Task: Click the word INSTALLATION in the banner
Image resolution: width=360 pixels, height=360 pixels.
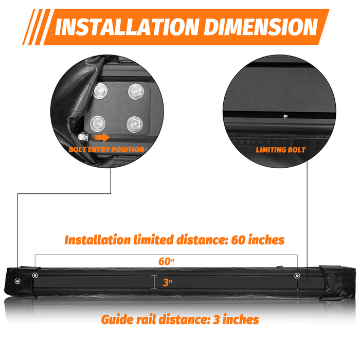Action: pyautogui.click(x=127, y=27)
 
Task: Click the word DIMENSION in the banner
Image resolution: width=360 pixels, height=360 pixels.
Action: pyautogui.click(x=261, y=27)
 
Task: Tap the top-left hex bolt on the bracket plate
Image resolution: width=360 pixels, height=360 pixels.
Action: pyautogui.click(x=100, y=91)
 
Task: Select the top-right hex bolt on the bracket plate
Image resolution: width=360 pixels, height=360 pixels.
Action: pyautogui.click(x=136, y=92)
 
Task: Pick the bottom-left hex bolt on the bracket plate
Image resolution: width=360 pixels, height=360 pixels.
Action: pyautogui.click(x=98, y=123)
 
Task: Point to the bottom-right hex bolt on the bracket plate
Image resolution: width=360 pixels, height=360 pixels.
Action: pyautogui.click(x=135, y=124)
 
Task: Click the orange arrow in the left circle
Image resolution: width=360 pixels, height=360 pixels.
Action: pyautogui.click(x=99, y=137)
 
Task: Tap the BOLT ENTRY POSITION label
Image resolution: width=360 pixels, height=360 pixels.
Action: pyautogui.click(x=106, y=150)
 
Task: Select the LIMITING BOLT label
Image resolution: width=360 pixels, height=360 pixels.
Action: pyautogui.click(x=281, y=150)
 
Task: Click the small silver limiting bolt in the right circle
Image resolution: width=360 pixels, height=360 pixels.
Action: pyautogui.click(x=285, y=116)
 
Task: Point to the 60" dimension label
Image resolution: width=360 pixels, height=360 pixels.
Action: pyautogui.click(x=167, y=261)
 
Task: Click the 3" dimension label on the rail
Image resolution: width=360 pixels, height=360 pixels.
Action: pyautogui.click(x=168, y=282)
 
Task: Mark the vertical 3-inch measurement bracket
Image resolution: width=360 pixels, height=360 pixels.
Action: pyautogui.click(x=154, y=282)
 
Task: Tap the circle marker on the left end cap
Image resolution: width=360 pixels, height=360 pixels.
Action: pyautogui.click(x=17, y=281)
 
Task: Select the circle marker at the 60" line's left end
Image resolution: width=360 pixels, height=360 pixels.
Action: pyautogui.click(x=35, y=275)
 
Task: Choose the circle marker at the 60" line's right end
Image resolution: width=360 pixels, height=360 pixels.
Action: pyautogui.click(x=297, y=275)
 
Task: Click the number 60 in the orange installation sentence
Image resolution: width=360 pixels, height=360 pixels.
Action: pyautogui.click(x=238, y=240)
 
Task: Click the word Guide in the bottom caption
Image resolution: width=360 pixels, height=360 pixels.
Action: pyautogui.click(x=117, y=319)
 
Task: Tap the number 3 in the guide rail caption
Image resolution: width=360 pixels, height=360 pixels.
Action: pyautogui.click(x=217, y=320)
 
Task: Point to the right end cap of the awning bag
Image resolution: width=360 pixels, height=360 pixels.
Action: pyautogui.click(x=337, y=283)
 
